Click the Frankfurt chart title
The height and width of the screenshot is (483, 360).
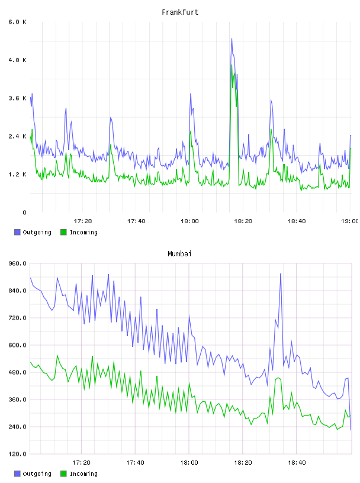click(x=180, y=12)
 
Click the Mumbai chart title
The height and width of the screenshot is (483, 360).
click(x=179, y=254)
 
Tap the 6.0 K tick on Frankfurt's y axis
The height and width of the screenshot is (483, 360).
click(x=17, y=22)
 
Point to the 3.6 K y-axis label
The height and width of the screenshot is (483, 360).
click(x=17, y=98)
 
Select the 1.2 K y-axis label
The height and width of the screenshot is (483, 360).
click(x=17, y=175)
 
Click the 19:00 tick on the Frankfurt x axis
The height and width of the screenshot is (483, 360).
click(x=350, y=221)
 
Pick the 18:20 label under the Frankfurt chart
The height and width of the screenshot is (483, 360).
click(x=243, y=221)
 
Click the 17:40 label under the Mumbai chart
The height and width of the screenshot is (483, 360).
click(x=135, y=463)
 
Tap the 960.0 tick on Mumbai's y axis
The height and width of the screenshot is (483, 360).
click(x=17, y=263)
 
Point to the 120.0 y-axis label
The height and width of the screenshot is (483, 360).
click(x=17, y=454)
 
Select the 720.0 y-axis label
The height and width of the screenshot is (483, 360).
click(x=17, y=318)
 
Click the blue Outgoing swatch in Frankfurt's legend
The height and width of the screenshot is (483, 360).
click(x=17, y=232)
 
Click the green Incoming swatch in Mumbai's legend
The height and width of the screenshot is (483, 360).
click(x=63, y=474)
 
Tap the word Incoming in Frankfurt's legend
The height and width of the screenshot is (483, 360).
click(x=83, y=233)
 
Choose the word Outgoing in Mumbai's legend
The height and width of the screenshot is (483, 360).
click(x=37, y=474)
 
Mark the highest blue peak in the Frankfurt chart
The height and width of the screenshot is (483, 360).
click(x=232, y=39)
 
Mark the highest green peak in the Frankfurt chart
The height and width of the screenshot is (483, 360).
click(x=232, y=65)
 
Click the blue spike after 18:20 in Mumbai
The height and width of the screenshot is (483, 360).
click(x=281, y=274)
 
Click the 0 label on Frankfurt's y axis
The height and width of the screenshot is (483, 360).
click(x=24, y=212)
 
